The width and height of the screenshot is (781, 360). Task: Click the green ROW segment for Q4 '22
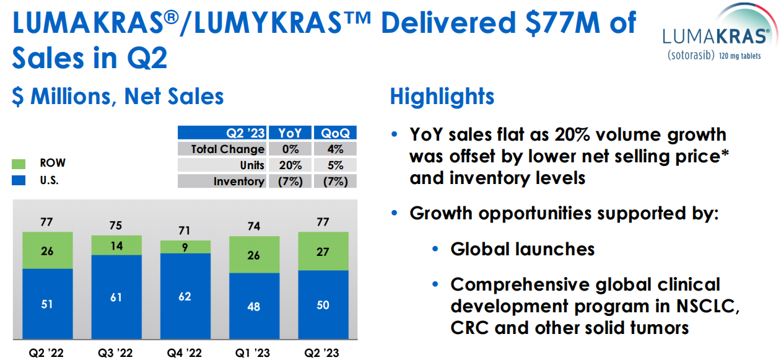coord(185,247)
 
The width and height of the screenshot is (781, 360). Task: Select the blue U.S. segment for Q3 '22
coord(116,297)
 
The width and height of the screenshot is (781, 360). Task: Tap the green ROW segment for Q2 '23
coord(323,251)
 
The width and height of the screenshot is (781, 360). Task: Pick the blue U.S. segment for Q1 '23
coord(254,306)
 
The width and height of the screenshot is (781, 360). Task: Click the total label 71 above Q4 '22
coord(185,230)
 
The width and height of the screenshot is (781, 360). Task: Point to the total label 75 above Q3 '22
coord(116,226)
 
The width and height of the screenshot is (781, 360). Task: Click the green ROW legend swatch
coord(19,164)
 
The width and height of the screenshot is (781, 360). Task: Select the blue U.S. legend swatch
coord(19,180)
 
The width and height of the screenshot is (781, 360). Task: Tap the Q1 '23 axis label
coord(253,353)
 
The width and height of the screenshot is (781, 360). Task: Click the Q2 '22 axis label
coord(46,353)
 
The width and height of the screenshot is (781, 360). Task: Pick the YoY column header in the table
coord(290,133)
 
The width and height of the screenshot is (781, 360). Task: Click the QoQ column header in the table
coord(335,133)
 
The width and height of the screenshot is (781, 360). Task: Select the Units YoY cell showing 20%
coord(290,165)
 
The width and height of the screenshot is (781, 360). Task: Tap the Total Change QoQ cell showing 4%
coord(335,149)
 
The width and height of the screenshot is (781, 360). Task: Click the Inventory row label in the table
coord(239,182)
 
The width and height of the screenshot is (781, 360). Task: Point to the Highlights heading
coord(442,96)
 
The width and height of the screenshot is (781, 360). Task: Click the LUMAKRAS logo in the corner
coord(720,33)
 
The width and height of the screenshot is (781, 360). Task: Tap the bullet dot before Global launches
coord(435,248)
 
